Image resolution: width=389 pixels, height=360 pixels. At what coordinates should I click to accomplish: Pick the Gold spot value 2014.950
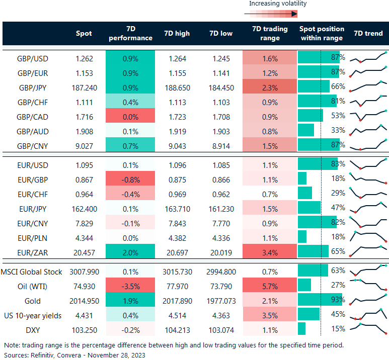(x=84, y=301)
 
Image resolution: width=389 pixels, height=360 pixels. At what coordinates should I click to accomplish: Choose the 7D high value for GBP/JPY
(x=177, y=87)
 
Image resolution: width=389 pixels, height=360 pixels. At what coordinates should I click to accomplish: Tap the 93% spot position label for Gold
(x=338, y=301)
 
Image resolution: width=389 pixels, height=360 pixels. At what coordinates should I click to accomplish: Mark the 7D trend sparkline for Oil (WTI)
(x=368, y=286)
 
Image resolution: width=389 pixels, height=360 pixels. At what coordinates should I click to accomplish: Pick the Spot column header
(x=84, y=34)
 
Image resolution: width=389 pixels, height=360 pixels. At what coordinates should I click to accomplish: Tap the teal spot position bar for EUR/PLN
(x=302, y=237)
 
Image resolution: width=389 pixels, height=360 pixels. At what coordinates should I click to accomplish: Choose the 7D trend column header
(x=368, y=34)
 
